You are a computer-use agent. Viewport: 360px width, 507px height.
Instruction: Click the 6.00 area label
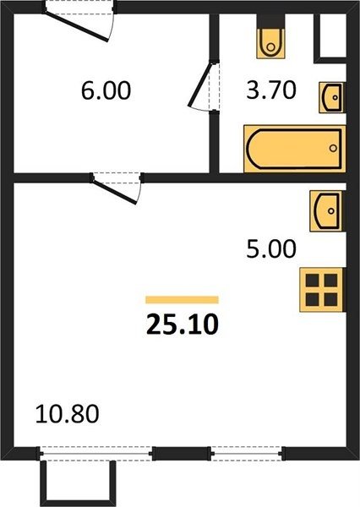(x=106, y=90)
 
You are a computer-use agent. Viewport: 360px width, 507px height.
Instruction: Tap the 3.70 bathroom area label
(x=271, y=90)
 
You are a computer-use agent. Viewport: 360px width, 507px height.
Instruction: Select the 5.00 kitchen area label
(x=271, y=249)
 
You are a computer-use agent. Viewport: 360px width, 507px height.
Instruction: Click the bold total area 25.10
(x=182, y=324)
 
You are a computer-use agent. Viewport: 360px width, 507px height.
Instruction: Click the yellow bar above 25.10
(x=182, y=300)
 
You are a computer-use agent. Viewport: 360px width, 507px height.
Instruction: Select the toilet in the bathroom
(x=270, y=44)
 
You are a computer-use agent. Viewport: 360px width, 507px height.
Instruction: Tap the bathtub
(x=294, y=149)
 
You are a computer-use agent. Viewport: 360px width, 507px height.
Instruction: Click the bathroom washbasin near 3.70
(x=332, y=97)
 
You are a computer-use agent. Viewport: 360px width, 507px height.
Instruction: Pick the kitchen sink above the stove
(x=327, y=210)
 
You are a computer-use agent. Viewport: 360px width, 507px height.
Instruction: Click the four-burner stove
(x=322, y=290)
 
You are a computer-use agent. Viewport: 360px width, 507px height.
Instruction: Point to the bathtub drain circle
(x=333, y=148)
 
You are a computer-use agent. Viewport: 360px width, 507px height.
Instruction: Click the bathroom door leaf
(x=200, y=84)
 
